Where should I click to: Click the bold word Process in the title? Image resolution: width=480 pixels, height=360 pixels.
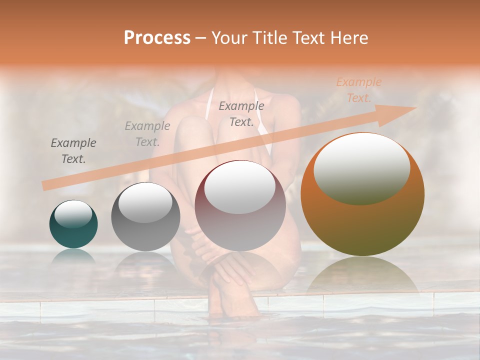pyautogui.click(x=157, y=37)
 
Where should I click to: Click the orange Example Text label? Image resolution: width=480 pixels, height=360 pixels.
pyautogui.click(x=358, y=90)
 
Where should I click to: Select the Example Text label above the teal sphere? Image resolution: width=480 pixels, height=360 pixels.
pyautogui.click(x=73, y=151)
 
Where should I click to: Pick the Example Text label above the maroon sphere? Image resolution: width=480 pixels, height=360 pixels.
pyautogui.click(x=241, y=113)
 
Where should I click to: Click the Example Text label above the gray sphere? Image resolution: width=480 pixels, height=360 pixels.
pyautogui.click(x=147, y=133)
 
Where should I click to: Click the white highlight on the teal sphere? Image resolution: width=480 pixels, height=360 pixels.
pyautogui.click(x=73, y=214)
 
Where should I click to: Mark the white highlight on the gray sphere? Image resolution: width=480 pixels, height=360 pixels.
pyautogui.click(x=145, y=201)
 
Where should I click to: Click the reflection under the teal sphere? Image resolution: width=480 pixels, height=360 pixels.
pyautogui.click(x=73, y=256)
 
